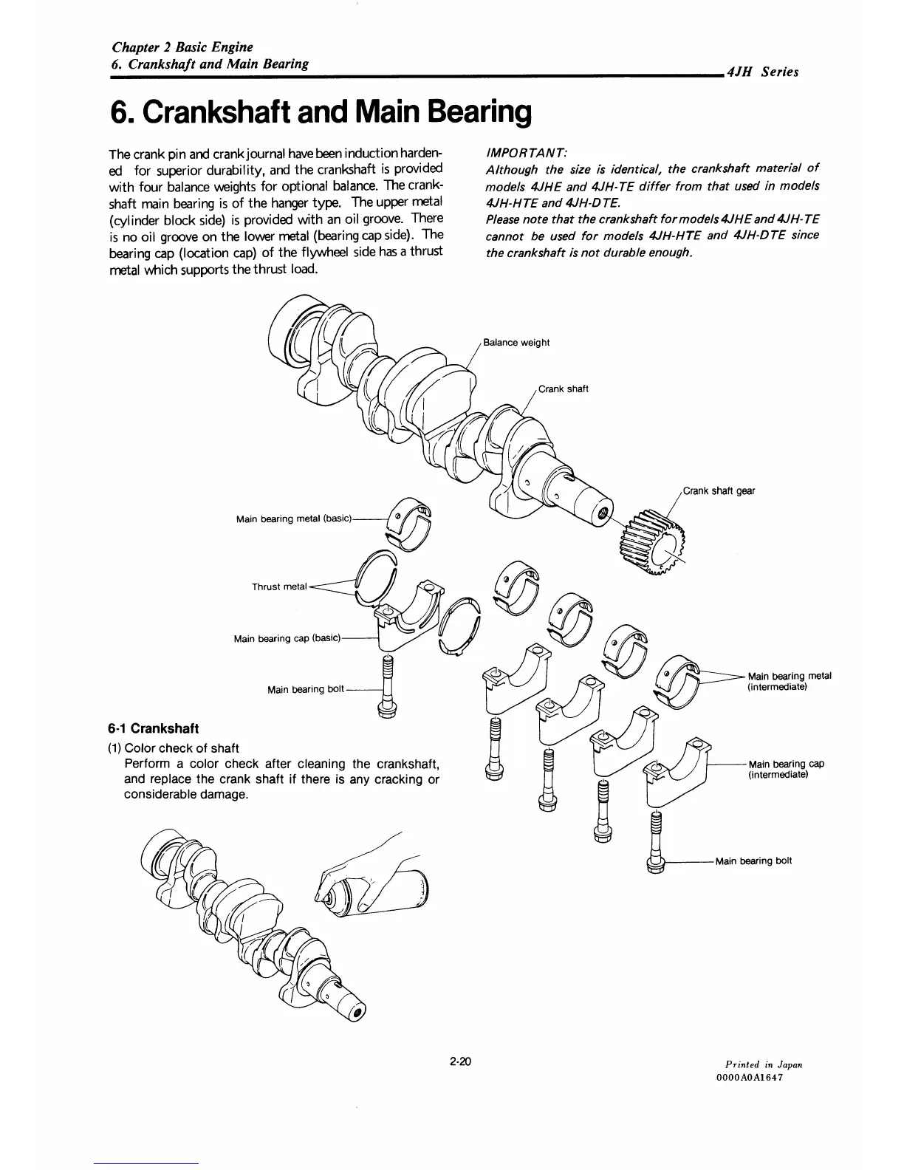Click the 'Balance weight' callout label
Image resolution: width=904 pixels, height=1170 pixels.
(x=516, y=343)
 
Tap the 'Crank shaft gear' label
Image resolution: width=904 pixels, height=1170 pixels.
(x=719, y=490)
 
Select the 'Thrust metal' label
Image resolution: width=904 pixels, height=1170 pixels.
(x=279, y=587)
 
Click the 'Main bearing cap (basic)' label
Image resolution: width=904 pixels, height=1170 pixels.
(x=287, y=639)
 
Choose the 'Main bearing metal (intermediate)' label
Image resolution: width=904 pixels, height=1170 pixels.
(x=790, y=681)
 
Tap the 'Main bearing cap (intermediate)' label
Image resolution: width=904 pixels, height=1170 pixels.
(x=786, y=769)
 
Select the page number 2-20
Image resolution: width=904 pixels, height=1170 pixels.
(x=459, y=1063)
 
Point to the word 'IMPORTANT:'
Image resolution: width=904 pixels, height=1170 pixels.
(x=526, y=152)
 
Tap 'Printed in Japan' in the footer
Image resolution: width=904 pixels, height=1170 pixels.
(x=764, y=1064)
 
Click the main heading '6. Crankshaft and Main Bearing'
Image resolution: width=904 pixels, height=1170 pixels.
(x=320, y=112)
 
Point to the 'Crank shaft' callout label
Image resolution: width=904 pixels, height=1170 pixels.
(x=563, y=389)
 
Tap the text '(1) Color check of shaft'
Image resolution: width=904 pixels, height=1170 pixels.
(x=174, y=748)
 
